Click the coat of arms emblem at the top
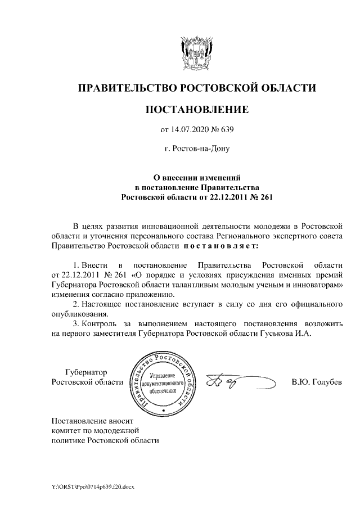coord(196,51)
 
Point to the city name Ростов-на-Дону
coord(196,150)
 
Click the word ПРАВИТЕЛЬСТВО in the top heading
coord(127,88)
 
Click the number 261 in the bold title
coord(263,197)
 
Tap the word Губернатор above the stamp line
coord(86,372)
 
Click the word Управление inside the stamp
coord(164,375)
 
